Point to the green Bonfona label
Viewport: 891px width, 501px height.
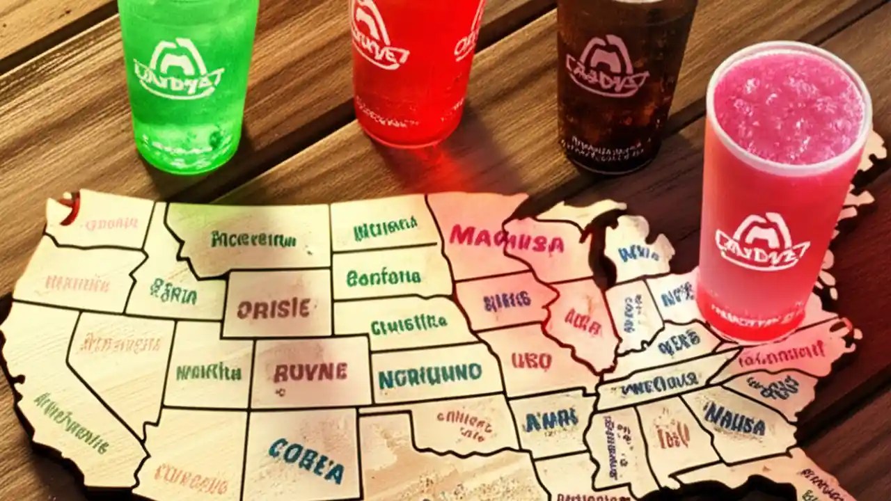(384, 277)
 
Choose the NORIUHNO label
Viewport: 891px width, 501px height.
(430, 376)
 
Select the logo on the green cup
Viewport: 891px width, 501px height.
(180, 72)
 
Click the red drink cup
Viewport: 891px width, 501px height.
(413, 70)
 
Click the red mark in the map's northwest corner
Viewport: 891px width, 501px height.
(70, 209)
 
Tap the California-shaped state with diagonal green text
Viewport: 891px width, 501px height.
(70, 411)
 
